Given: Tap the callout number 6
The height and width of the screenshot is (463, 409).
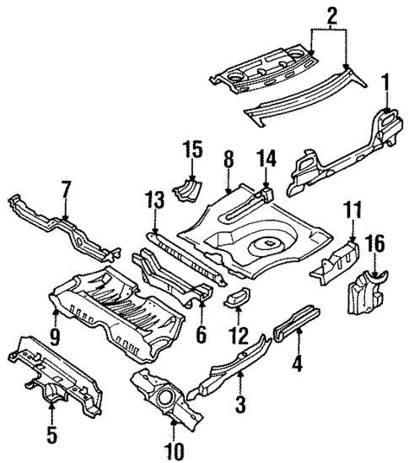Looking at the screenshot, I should [200, 335].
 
